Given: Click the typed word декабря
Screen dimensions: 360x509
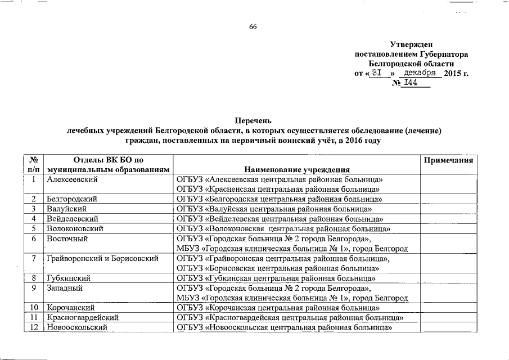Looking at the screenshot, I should point(421,73).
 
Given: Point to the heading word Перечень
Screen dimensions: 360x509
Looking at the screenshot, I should point(253,120).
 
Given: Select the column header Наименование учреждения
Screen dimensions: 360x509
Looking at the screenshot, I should point(297,169).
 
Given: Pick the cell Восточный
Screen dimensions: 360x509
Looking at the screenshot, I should point(65,238).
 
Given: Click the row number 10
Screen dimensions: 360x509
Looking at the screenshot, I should point(34,308).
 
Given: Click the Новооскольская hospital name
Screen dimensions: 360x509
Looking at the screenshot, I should point(283,327).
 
